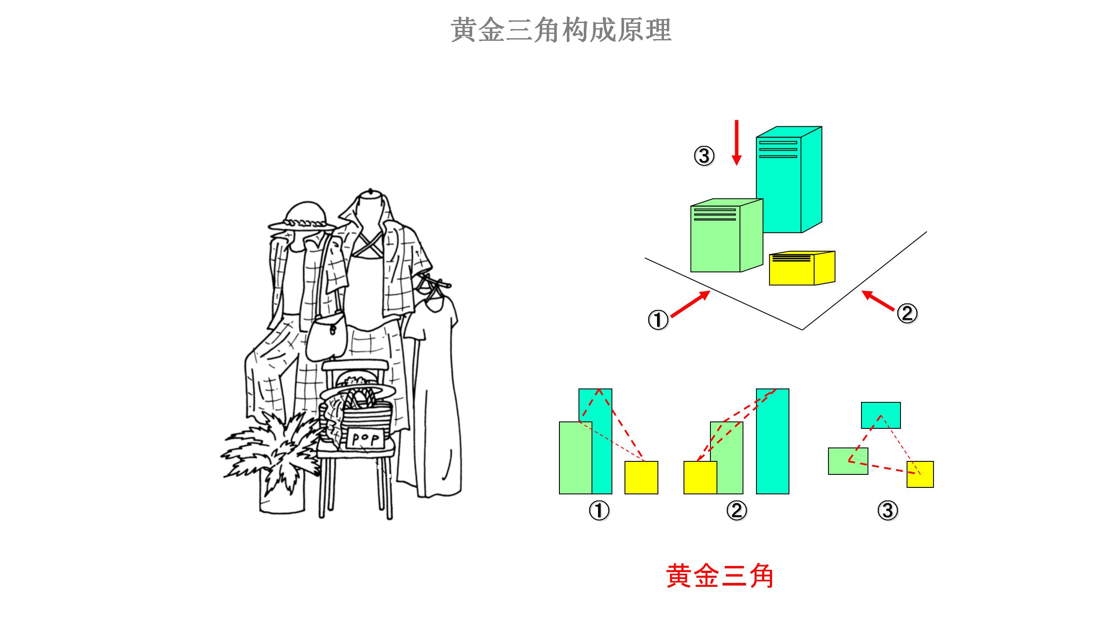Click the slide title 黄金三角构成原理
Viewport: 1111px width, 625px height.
[561, 30]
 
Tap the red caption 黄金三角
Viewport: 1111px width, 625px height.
[720, 576]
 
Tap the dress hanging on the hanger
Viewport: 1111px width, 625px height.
[432, 391]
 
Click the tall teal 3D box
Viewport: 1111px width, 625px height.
[786, 182]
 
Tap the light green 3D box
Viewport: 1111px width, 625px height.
[720, 239]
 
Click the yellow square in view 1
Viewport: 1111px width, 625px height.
[641, 477]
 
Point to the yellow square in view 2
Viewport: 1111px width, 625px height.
[700, 477]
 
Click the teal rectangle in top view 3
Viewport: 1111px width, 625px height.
[881, 415]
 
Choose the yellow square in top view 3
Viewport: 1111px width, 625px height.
[920, 474]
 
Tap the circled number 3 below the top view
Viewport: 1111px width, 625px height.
[887, 510]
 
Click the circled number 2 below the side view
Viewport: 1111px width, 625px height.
[736, 510]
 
